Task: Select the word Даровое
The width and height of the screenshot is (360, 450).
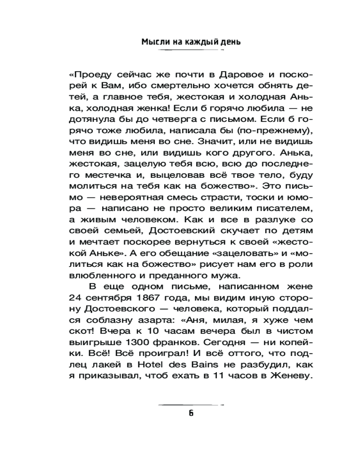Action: [x=222, y=74]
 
